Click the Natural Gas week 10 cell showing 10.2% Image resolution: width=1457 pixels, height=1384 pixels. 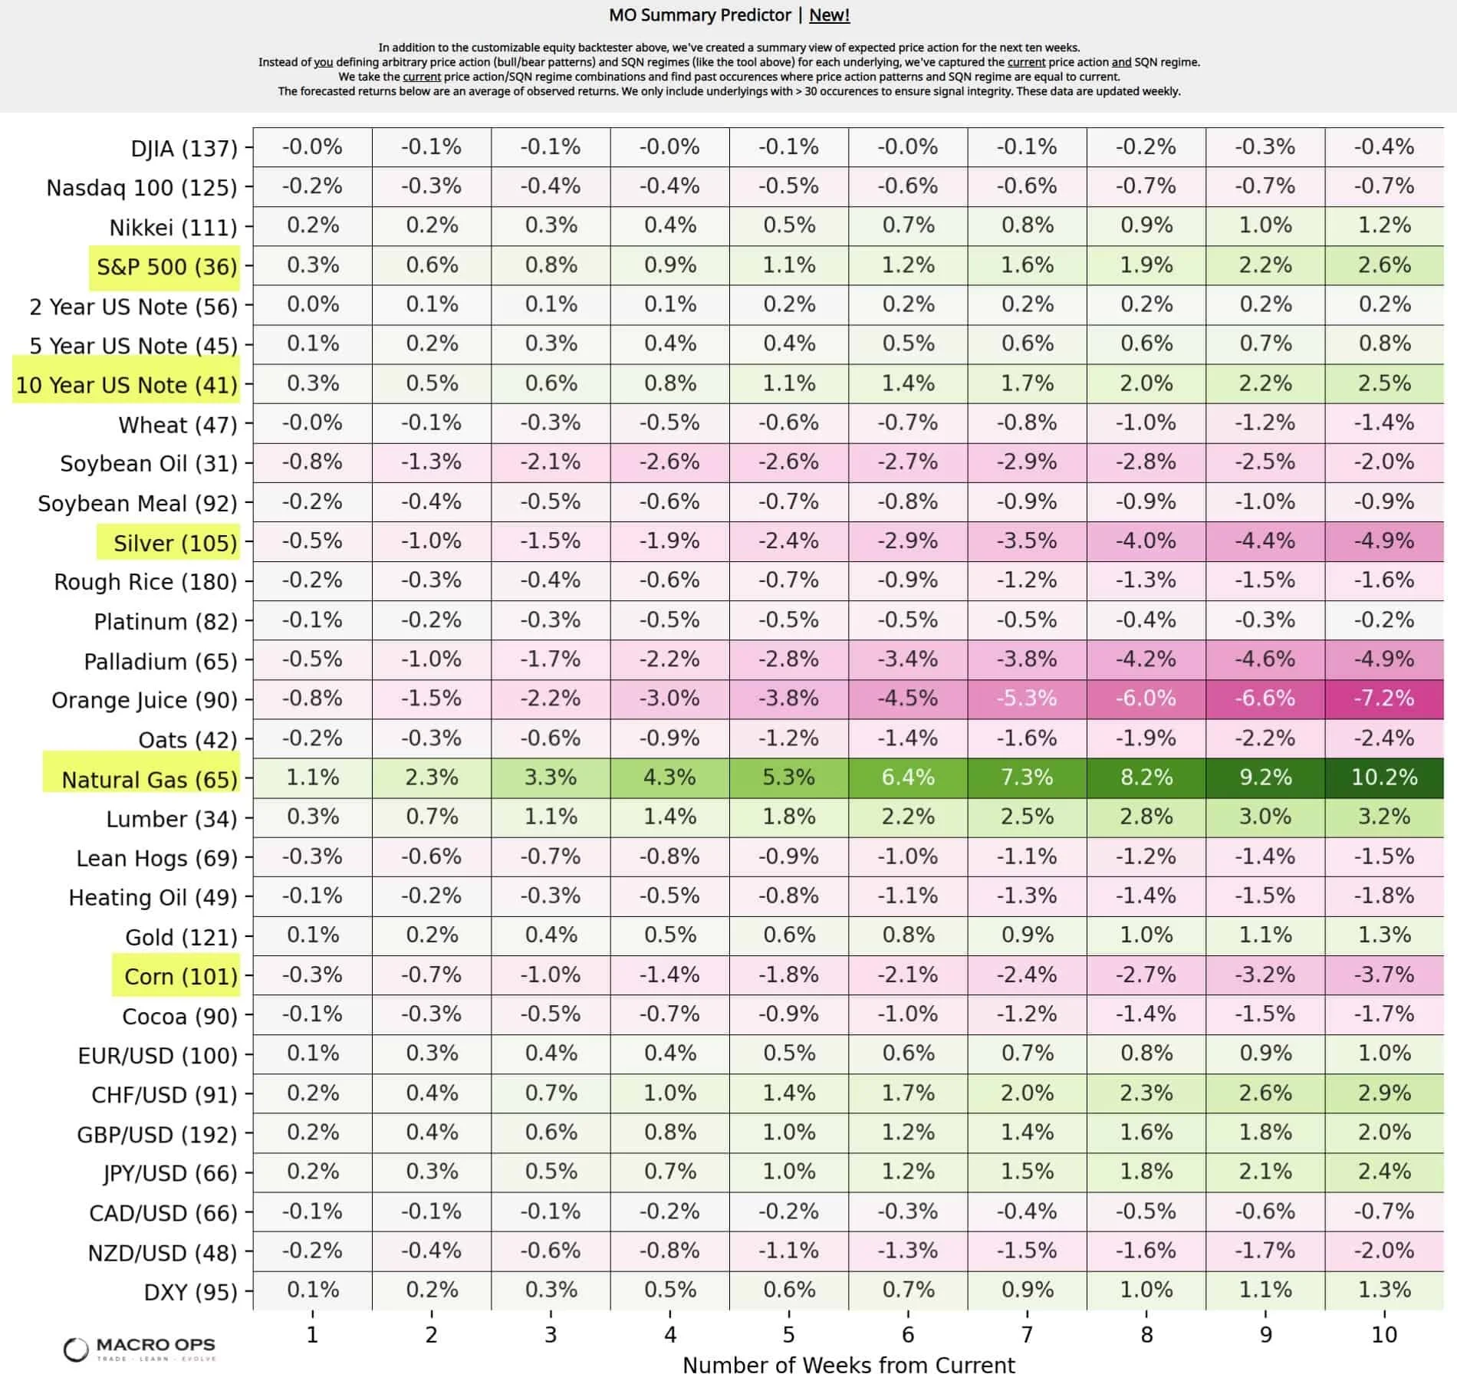click(x=1384, y=777)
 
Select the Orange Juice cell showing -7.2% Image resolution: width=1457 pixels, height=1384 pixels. click(x=1384, y=699)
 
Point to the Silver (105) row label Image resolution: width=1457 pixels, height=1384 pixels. click(x=175, y=543)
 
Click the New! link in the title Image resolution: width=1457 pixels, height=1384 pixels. click(x=829, y=15)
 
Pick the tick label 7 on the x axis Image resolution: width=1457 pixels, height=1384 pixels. click(x=1027, y=1335)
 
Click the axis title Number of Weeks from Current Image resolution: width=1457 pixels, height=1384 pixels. click(x=848, y=1366)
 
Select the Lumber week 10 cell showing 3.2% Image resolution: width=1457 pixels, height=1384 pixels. click(x=1384, y=817)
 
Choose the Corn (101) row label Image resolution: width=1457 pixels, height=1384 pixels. click(x=180, y=976)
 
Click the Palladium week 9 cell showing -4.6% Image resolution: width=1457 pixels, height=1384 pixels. click(x=1265, y=659)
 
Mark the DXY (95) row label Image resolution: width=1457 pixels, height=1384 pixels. click(x=190, y=1292)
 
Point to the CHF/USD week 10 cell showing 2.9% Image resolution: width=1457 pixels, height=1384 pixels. click(x=1384, y=1093)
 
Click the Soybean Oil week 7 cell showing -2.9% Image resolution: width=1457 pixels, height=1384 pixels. click(x=1027, y=462)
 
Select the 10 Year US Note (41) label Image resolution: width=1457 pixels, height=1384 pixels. click(x=127, y=385)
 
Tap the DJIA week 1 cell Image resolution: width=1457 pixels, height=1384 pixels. click(x=312, y=147)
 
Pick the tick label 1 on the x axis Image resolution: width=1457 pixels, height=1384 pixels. click(x=312, y=1335)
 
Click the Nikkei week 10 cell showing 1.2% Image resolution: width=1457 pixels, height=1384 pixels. click(x=1384, y=225)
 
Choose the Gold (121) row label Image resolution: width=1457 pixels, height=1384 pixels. click(x=181, y=937)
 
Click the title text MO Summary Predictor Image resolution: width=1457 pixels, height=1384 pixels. click(x=699, y=15)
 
